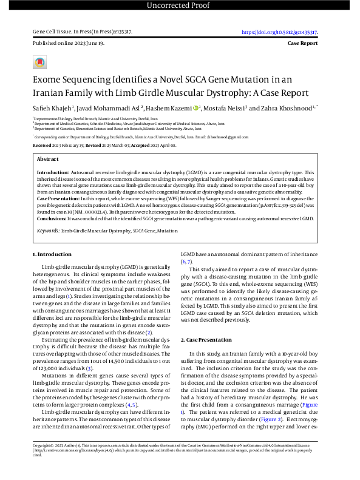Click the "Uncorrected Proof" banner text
point(180,6)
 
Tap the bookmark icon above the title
point(40,62)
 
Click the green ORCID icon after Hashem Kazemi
point(195,108)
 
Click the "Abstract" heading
point(48,158)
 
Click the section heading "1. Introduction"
point(52,255)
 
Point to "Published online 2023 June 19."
point(69,44)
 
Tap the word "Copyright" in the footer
point(45,462)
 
